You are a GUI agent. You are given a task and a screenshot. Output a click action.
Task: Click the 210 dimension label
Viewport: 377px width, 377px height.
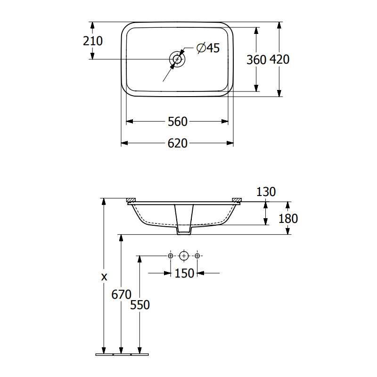pos(93,41)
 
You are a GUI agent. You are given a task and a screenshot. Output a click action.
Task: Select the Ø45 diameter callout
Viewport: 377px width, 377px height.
pos(208,48)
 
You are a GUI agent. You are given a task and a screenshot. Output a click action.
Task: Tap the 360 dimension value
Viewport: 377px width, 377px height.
pos(257,59)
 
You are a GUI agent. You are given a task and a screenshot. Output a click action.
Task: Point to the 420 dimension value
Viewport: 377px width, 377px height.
pos(279,59)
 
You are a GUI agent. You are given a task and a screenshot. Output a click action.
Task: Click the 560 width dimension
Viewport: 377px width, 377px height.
pos(178,122)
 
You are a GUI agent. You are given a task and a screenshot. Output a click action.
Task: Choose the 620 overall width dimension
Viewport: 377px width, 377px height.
pos(178,143)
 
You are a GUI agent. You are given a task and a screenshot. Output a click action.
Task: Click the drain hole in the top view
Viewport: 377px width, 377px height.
pos(177,59)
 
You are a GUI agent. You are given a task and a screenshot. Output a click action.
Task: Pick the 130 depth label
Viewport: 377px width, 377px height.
pos(266,191)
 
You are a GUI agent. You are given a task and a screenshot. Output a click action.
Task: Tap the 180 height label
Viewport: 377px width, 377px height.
pos(288,218)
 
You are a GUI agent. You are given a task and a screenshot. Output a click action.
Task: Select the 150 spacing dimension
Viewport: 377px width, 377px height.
pos(184,273)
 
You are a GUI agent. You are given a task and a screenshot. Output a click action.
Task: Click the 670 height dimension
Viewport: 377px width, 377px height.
pos(121,295)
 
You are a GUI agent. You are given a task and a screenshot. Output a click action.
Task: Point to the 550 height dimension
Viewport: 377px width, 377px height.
pos(140,305)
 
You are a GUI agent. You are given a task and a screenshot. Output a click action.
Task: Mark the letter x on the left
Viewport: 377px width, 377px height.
pos(104,276)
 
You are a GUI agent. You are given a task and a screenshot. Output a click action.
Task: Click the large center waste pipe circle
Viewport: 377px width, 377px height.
pos(184,255)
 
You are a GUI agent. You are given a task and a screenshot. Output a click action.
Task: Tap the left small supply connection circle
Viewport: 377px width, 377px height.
pos(171,255)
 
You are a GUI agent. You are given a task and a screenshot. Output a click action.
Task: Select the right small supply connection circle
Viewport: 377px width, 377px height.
pos(197,255)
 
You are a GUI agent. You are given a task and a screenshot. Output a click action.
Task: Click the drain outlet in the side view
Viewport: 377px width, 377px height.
pos(184,230)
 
